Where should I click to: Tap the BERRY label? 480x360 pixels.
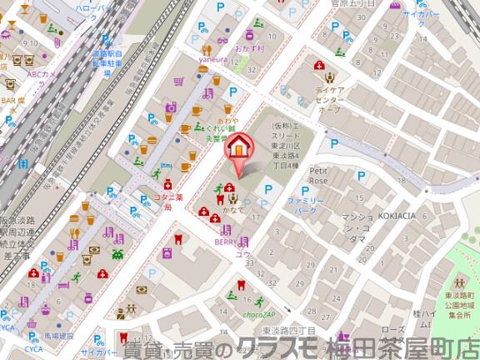pos(225,242)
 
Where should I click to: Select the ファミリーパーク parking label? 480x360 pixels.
pos(304,207)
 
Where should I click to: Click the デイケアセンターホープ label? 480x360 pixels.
pos(328,97)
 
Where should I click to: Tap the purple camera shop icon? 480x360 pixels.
pos(171,107)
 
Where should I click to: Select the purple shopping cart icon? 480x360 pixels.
pos(179,82)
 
